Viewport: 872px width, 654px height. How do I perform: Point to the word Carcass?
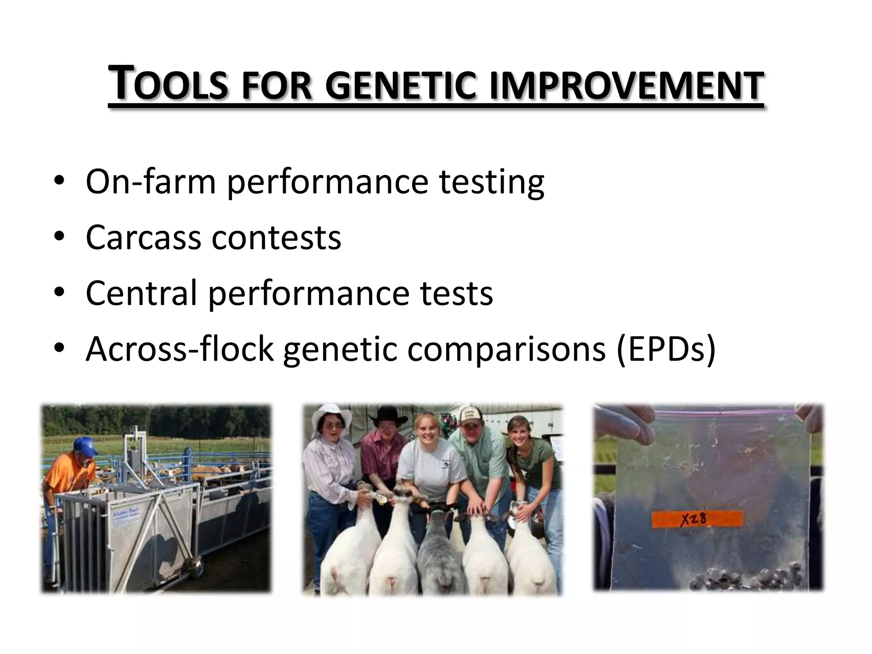tap(143, 238)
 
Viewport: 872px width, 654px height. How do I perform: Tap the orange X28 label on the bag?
tap(697, 519)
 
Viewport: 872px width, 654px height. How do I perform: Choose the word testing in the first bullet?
tap(491, 182)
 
